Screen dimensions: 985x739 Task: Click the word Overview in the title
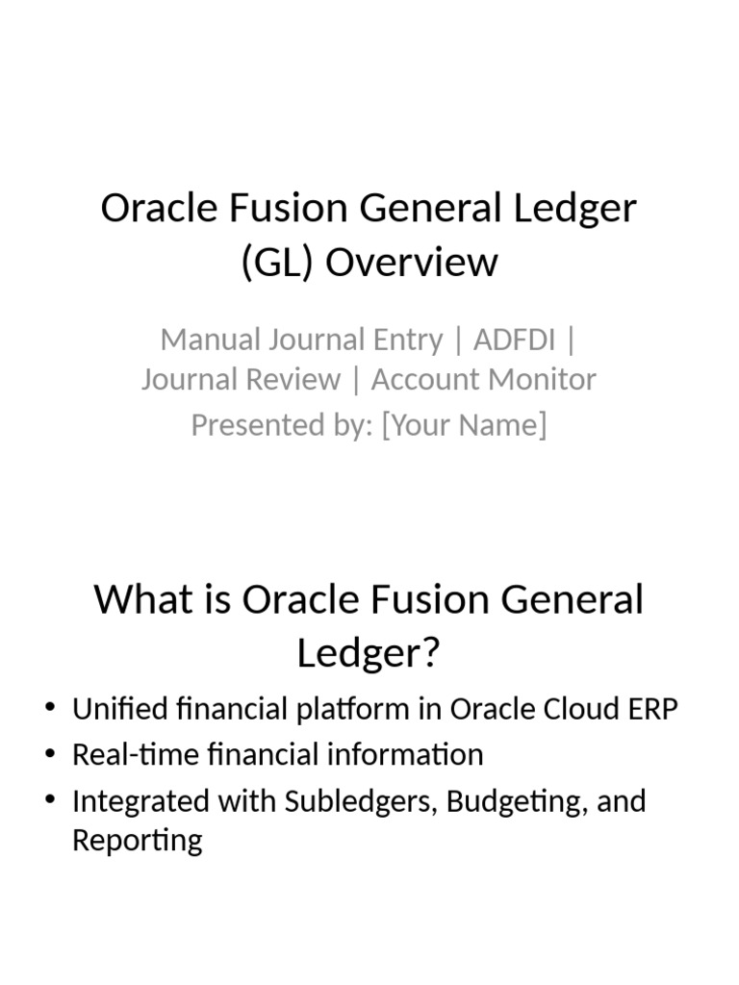click(x=413, y=262)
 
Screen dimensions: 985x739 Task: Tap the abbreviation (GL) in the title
click(x=277, y=262)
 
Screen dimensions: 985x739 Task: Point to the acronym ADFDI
click(x=514, y=340)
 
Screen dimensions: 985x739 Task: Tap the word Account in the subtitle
click(x=424, y=380)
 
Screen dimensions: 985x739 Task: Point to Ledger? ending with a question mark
click(x=369, y=653)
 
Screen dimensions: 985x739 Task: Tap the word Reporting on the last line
click(x=137, y=842)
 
